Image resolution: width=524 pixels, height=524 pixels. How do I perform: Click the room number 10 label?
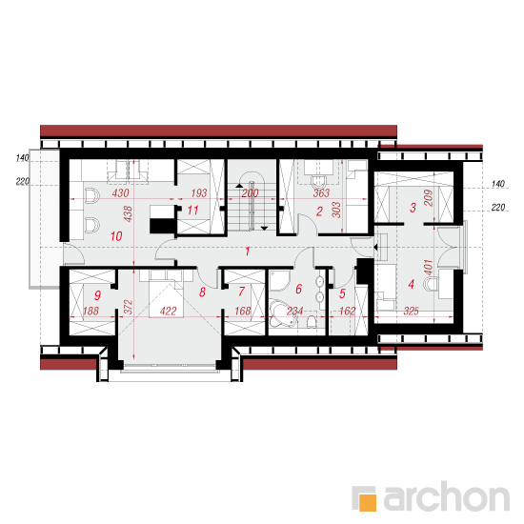[x=116, y=236]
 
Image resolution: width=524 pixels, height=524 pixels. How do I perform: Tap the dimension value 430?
[x=120, y=192]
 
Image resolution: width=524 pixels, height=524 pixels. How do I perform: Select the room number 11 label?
[x=192, y=211]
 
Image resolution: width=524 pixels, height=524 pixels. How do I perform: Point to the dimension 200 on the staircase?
[x=250, y=192]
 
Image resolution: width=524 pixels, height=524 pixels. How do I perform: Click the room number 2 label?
[x=319, y=212]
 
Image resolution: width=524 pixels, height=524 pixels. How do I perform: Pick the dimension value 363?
[x=321, y=192]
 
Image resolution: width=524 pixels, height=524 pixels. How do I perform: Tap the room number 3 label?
[x=413, y=208]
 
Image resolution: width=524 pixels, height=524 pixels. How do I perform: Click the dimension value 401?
[x=428, y=267]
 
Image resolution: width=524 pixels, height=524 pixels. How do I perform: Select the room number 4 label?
[x=412, y=285]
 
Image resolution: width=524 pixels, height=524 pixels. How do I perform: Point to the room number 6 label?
[x=299, y=289]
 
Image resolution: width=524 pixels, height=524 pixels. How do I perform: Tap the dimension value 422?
[x=168, y=312]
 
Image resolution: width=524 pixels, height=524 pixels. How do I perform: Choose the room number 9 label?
[x=97, y=295]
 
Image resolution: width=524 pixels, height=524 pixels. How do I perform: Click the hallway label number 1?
[x=248, y=252]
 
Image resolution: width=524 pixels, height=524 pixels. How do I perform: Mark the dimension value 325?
[x=411, y=312]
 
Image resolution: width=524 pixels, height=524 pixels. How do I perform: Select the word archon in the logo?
[x=447, y=496]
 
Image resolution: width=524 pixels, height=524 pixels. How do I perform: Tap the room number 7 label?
[x=242, y=292]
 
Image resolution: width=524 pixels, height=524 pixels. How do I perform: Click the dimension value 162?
[x=348, y=312]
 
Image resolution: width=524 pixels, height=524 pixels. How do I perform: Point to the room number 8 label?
[x=202, y=292]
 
